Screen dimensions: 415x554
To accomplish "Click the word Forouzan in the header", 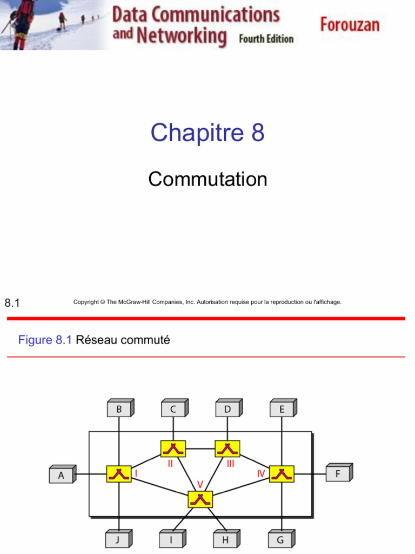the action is (x=350, y=25).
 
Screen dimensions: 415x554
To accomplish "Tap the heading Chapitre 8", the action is (x=207, y=133).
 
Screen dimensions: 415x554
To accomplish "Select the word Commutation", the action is (x=207, y=179).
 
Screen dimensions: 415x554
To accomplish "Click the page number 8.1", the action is (x=12, y=303).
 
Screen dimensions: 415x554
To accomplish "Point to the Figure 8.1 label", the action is (x=45, y=340).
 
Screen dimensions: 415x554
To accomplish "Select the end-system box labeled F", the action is (x=339, y=472).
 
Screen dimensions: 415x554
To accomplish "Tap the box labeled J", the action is (x=119, y=539).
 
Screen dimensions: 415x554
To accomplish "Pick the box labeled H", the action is (x=227, y=539).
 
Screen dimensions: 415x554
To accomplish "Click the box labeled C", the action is (x=175, y=408).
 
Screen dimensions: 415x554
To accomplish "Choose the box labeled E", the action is (x=283, y=408).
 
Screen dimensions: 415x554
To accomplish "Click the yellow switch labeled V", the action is (x=200, y=499).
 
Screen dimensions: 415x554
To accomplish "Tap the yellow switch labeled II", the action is (x=173, y=449).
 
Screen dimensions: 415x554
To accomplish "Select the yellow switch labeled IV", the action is (x=282, y=474).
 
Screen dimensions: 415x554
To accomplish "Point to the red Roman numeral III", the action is (x=230, y=464).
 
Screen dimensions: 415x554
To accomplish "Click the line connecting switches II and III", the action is (x=200, y=449).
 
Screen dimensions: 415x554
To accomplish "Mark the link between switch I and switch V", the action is (x=159, y=485).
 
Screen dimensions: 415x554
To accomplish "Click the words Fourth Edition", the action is (x=266, y=38).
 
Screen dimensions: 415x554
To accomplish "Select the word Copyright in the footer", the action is (x=86, y=302).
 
